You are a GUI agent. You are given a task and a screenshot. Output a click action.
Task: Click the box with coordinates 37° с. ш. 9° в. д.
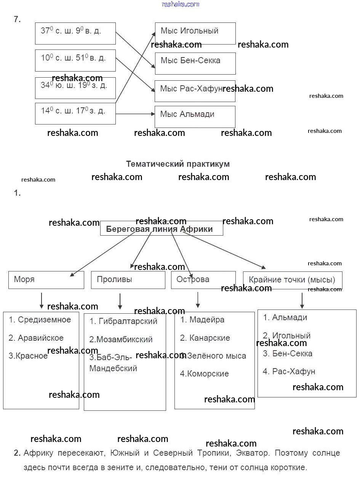(x=75, y=33)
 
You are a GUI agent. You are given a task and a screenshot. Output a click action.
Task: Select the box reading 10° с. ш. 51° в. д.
(x=75, y=60)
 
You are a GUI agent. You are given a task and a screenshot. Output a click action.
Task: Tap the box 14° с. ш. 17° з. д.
(x=75, y=113)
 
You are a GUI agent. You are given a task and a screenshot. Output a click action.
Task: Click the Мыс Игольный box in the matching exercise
(x=195, y=33)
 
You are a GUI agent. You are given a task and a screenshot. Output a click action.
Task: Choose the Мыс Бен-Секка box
(x=195, y=63)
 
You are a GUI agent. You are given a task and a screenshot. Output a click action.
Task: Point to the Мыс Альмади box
(x=195, y=116)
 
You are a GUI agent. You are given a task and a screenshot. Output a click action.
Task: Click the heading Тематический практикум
(x=178, y=164)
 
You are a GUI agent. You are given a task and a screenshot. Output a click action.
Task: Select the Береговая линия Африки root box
(x=161, y=229)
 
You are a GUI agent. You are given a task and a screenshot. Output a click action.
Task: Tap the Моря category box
(x=46, y=280)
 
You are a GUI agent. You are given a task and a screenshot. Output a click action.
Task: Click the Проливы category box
(x=128, y=280)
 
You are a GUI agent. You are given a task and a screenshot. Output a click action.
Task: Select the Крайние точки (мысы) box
(x=292, y=280)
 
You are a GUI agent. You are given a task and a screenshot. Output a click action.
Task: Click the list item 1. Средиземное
(x=40, y=320)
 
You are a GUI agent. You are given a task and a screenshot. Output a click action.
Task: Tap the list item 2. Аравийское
(x=36, y=338)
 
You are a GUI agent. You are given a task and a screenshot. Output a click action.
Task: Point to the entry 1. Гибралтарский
(x=123, y=321)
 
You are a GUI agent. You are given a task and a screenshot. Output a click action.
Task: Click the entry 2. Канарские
(x=205, y=338)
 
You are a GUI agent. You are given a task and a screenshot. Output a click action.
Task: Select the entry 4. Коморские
(x=205, y=374)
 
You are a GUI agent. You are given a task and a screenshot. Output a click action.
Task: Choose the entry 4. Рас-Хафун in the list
(x=289, y=372)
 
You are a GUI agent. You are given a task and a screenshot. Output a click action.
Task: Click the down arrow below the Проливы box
(x=120, y=301)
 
